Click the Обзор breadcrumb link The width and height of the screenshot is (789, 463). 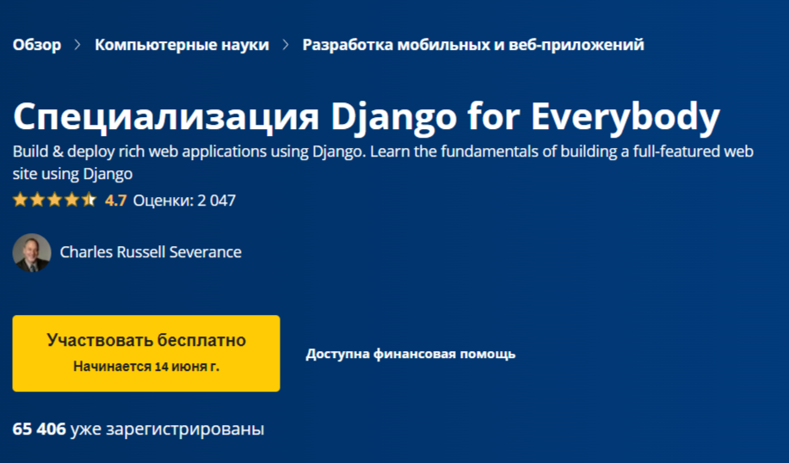(x=37, y=45)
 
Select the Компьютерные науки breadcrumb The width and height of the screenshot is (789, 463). (x=182, y=45)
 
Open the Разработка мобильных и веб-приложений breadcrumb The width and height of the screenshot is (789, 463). (x=472, y=45)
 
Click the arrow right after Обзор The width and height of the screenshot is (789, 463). (x=78, y=45)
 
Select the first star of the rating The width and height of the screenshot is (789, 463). (x=20, y=201)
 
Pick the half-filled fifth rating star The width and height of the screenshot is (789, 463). (x=89, y=201)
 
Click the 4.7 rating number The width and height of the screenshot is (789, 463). (x=115, y=201)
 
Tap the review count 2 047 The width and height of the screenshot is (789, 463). (x=216, y=201)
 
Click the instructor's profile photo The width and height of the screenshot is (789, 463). (x=32, y=253)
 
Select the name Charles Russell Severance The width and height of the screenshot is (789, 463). (x=151, y=252)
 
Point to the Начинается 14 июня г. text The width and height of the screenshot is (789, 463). (x=146, y=366)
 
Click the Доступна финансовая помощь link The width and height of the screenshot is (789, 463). (x=410, y=354)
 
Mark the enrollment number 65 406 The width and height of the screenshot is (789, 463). (x=40, y=429)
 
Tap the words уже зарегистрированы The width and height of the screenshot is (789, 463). (x=167, y=429)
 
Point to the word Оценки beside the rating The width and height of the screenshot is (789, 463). (x=160, y=201)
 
